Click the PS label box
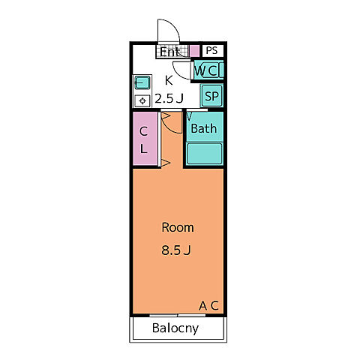211,51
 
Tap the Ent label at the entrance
169,52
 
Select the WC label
206,70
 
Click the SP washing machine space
211,96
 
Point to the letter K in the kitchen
169,80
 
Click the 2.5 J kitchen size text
169,98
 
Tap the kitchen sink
142,82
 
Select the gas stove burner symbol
142,101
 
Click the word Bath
204,128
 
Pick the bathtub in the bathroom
205,154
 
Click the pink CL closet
145,139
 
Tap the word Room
178,227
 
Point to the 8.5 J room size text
176,250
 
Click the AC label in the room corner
209,305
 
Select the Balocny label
175,328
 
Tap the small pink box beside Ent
194,51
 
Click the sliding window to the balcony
178,316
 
